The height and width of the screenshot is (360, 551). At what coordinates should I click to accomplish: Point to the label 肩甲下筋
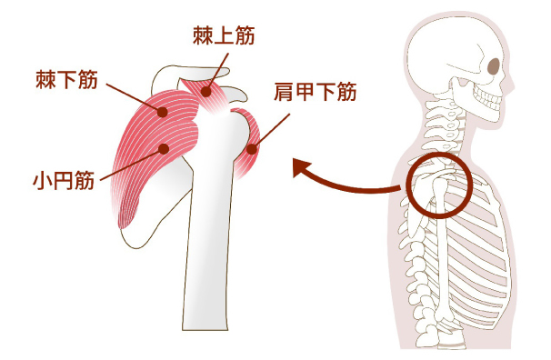(315, 91)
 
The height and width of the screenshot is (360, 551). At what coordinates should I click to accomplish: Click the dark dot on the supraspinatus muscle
(206, 90)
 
